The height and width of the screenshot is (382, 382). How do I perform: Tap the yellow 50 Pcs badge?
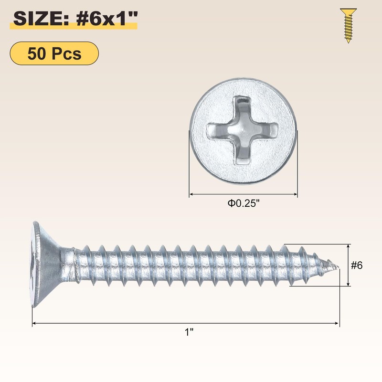pyautogui.click(x=54, y=53)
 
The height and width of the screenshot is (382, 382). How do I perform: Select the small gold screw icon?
pyautogui.click(x=348, y=25)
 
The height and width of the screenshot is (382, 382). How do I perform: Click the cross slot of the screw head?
pyautogui.click(x=243, y=129)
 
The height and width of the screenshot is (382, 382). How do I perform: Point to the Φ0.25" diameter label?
pyautogui.click(x=243, y=203)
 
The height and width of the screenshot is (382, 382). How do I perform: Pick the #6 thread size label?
pyautogui.click(x=357, y=265)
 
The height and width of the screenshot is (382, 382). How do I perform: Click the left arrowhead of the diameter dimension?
pyautogui.click(x=192, y=194)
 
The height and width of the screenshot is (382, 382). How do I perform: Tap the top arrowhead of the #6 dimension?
pyautogui.click(x=349, y=246)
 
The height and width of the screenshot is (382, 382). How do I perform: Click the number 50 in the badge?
pyautogui.click(x=37, y=53)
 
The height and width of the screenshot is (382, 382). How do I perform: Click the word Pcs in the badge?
pyautogui.click(x=67, y=53)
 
